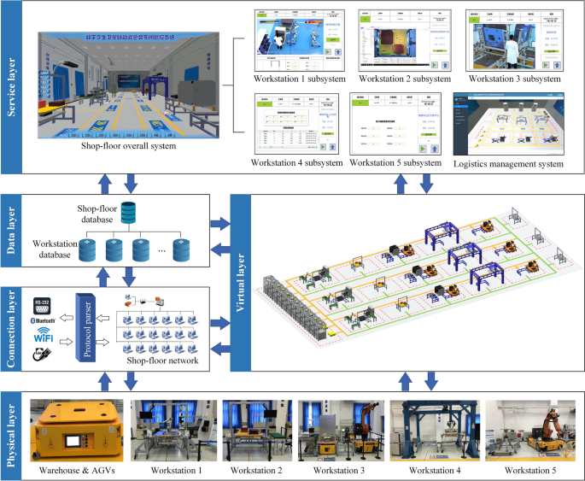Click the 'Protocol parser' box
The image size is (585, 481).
(88, 328)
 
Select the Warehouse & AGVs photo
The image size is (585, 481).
(76, 429)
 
